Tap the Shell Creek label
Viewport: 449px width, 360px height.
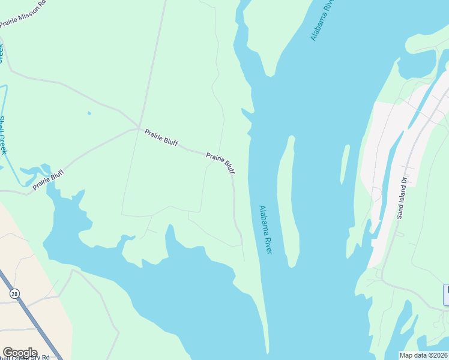(x=3, y=135)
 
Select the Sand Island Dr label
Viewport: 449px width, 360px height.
(x=402, y=197)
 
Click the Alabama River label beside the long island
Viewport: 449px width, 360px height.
(x=265, y=230)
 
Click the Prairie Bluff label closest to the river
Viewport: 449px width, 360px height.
(x=220, y=163)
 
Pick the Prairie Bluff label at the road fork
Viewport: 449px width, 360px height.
(x=161, y=137)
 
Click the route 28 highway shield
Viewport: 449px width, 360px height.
(x=14, y=293)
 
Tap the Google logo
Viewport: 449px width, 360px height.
(x=20, y=353)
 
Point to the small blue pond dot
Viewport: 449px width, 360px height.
(x=89, y=113)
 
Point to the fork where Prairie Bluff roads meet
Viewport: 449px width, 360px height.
(x=139, y=128)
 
